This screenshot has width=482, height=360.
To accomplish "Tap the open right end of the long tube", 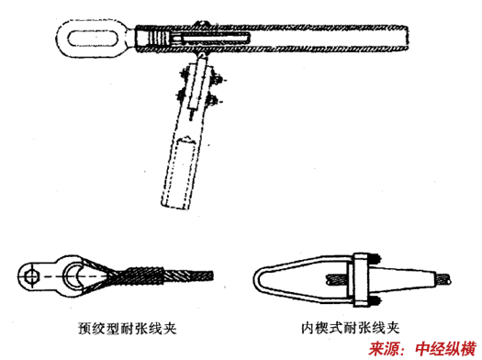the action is pyautogui.click(x=407, y=39).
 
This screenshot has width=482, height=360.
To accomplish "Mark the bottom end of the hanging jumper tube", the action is pyautogui.click(x=174, y=206).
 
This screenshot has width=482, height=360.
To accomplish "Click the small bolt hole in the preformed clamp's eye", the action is pyautogui.click(x=31, y=276).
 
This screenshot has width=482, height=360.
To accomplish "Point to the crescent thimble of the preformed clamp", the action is pyautogui.click(x=73, y=276).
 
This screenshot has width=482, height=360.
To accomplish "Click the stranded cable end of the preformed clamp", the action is pyautogui.click(x=188, y=276).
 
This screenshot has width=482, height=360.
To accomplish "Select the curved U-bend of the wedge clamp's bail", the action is pyautogui.click(x=261, y=280).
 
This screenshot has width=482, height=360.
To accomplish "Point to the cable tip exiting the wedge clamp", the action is pyautogui.click(x=444, y=279).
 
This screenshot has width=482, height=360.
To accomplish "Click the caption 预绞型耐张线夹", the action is pyautogui.click(x=128, y=328).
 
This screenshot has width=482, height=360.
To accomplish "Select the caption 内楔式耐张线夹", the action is pyautogui.click(x=351, y=328).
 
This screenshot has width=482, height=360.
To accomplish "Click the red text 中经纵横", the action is pyautogui.click(x=445, y=349).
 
